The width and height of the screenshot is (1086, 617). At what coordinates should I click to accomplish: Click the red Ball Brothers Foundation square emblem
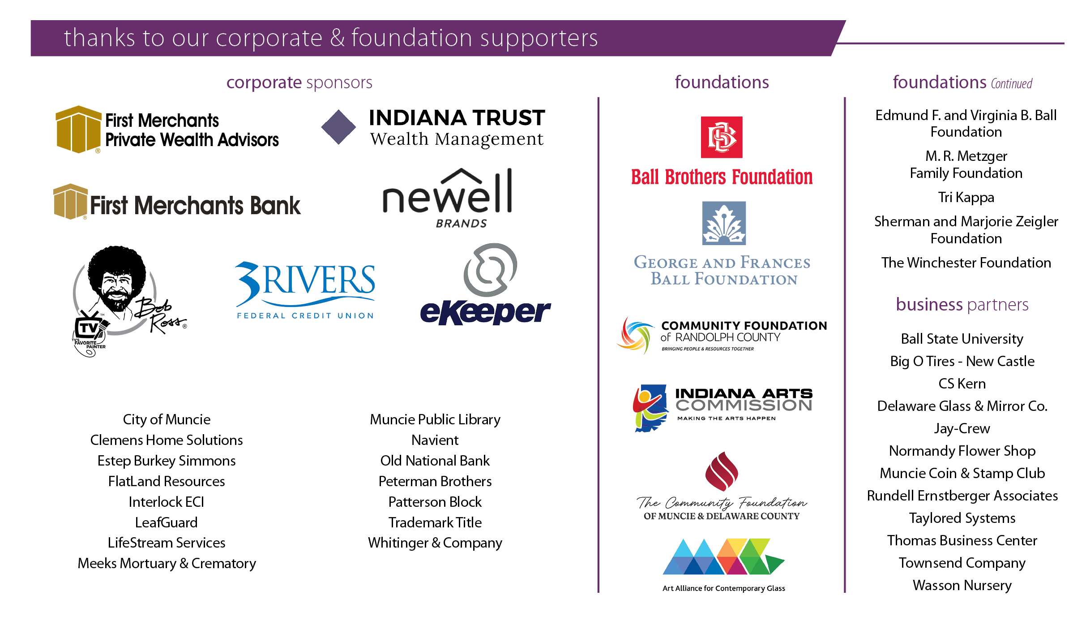click(721, 137)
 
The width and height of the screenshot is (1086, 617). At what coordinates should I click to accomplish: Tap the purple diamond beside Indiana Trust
click(338, 127)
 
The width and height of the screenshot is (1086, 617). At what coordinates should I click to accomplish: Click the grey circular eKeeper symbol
click(490, 270)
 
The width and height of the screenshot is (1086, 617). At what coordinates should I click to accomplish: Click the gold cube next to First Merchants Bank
click(70, 201)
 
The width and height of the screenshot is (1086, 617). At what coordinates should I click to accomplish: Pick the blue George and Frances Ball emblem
click(724, 223)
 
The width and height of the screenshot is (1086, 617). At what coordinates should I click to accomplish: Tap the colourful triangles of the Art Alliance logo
click(723, 557)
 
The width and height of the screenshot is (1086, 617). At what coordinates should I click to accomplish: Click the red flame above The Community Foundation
click(721, 471)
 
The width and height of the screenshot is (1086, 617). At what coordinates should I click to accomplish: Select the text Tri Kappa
click(966, 198)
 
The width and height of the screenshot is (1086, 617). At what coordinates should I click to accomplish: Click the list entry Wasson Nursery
click(962, 585)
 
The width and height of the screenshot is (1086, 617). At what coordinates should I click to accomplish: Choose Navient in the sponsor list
click(435, 440)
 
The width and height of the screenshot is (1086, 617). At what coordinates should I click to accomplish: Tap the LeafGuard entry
click(166, 522)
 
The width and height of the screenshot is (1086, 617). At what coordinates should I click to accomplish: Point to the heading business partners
click(962, 305)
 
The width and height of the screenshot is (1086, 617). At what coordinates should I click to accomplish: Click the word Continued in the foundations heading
click(1011, 84)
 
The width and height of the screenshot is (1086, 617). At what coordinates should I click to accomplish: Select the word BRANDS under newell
click(461, 223)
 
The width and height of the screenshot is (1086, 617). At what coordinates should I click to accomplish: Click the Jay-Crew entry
click(962, 428)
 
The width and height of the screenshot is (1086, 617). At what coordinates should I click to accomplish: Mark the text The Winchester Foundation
click(966, 263)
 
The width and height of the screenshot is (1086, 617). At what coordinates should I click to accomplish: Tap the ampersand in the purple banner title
click(337, 38)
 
